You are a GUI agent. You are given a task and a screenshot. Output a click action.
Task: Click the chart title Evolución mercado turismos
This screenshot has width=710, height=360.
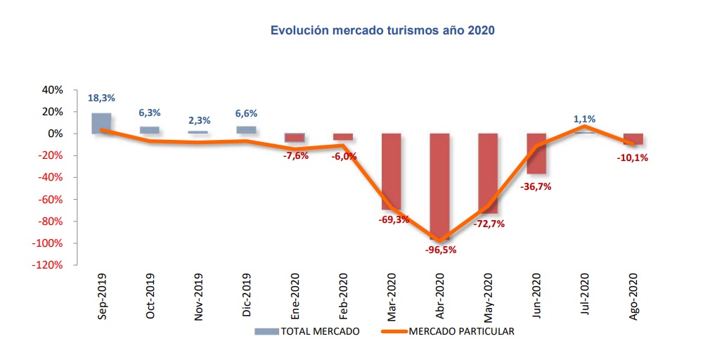(x=383, y=31)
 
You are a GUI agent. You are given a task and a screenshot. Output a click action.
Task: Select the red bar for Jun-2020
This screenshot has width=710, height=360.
(x=536, y=153)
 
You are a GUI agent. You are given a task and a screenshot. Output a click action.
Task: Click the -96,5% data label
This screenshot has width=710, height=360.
(x=440, y=250)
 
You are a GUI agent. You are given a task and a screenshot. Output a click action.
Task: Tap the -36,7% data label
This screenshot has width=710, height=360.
(x=536, y=186)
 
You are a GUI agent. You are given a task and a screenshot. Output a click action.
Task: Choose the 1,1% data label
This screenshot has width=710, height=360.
(x=584, y=119)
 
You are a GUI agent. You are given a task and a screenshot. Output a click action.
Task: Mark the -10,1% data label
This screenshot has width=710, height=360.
(x=631, y=157)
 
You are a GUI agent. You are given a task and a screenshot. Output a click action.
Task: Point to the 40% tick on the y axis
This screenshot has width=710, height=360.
(x=53, y=90)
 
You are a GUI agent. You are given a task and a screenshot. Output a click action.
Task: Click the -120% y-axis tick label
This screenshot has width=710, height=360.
(x=48, y=265)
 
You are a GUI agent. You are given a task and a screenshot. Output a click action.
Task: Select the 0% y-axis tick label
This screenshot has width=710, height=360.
(x=56, y=134)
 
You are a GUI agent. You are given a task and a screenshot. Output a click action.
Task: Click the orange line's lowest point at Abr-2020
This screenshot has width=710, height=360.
(x=441, y=241)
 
